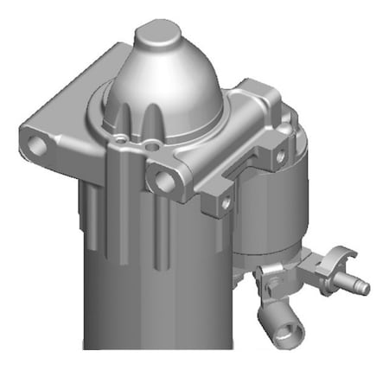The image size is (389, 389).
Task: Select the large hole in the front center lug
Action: click(163, 180)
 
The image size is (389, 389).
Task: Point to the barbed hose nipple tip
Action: click(363, 287)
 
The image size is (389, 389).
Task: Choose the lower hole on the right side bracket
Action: click(226, 202)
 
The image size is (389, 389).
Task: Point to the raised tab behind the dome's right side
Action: click(251, 95)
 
